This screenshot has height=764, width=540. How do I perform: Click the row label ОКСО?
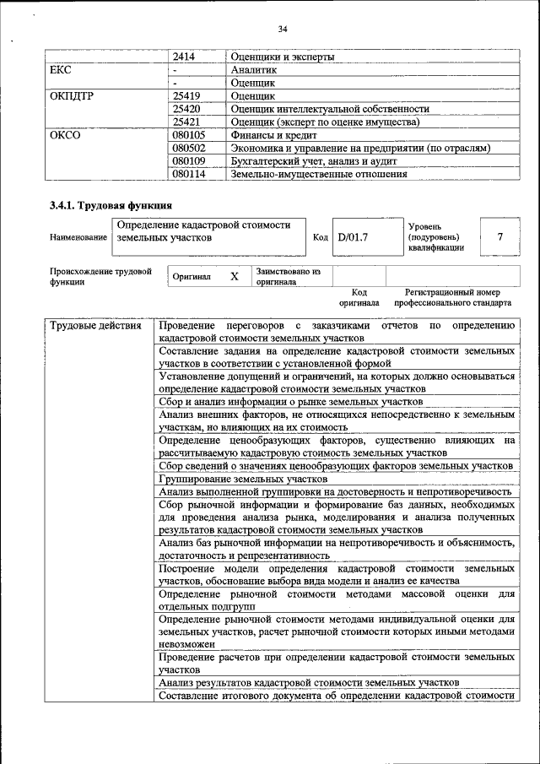pos(65,135)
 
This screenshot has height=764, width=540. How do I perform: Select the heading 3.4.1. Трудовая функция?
pos(111,205)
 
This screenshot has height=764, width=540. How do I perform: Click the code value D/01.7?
pos(354,237)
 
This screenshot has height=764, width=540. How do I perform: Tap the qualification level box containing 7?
pos(499,237)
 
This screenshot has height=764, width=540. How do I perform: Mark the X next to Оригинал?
pos(235,276)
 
